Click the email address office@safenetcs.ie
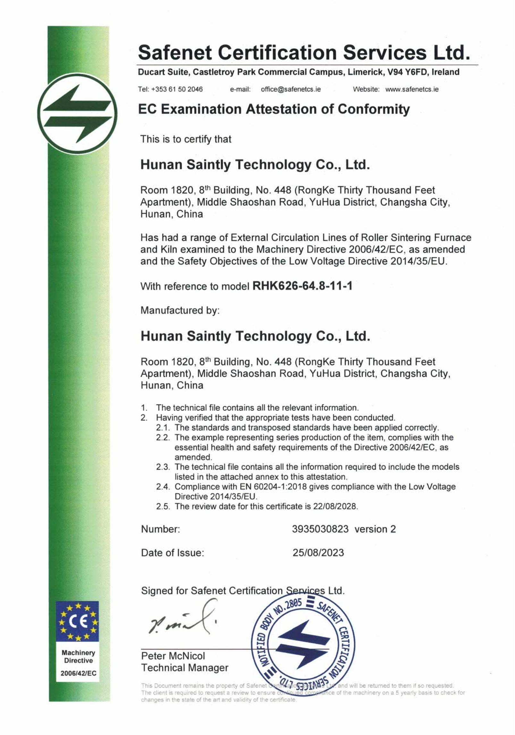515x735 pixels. click(x=291, y=89)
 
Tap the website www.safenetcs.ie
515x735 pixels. click(x=412, y=89)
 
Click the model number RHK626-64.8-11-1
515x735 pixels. click(x=302, y=286)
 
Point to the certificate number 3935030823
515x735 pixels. click(x=320, y=529)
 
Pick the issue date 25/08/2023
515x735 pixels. click(x=318, y=553)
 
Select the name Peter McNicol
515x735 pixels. click(x=173, y=656)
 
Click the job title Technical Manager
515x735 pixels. click(x=185, y=668)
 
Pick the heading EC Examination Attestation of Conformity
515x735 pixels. click(x=274, y=109)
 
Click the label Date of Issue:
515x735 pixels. click(x=173, y=553)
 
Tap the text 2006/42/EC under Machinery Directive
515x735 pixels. click(x=79, y=673)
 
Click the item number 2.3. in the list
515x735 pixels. click(x=163, y=467)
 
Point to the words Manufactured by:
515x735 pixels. click(x=180, y=310)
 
